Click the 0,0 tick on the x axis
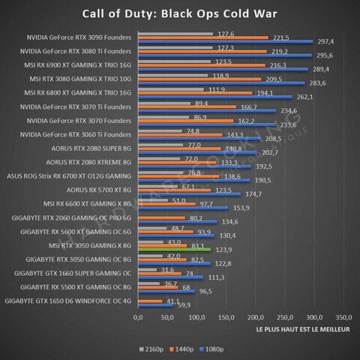click(137, 316)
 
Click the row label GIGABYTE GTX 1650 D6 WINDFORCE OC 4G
click(68, 301)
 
